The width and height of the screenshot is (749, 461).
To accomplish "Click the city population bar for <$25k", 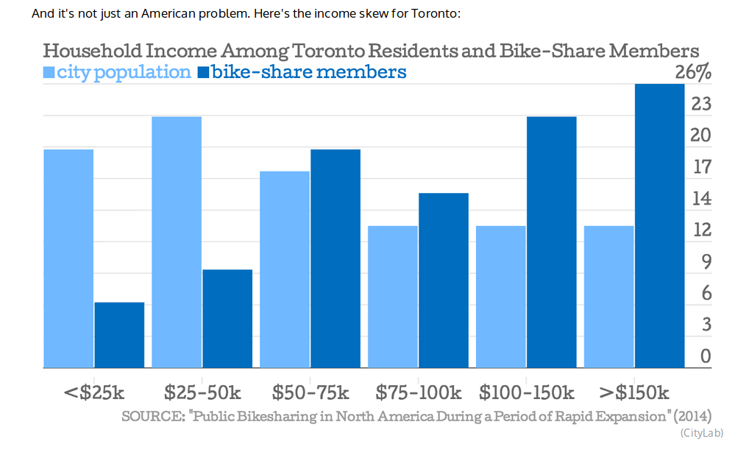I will [x=68, y=258].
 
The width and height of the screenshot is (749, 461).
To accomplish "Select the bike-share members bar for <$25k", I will [x=119, y=334].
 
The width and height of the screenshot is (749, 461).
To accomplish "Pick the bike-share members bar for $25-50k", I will [x=227, y=318].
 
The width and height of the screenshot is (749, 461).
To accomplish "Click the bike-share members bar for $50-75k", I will [x=336, y=258].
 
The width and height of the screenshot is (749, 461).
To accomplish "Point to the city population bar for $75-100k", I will [x=393, y=296].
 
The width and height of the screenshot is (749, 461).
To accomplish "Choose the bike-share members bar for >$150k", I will [x=660, y=225].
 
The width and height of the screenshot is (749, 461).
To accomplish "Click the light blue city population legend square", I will [x=49, y=72].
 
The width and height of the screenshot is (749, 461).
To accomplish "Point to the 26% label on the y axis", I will [x=693, y=72].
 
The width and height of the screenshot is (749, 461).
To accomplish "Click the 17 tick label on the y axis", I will [x=702, y=167].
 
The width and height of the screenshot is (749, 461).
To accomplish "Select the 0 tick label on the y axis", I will [x=706, y=356].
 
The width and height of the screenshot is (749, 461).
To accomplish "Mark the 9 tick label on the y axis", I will [x=706, y=261].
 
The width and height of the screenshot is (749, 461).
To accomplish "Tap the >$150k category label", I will [x=633, y=392].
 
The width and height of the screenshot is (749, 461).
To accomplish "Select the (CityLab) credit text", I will [x=702, y=432].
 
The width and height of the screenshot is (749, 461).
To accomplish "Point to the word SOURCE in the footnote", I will [x=152, y=416].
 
